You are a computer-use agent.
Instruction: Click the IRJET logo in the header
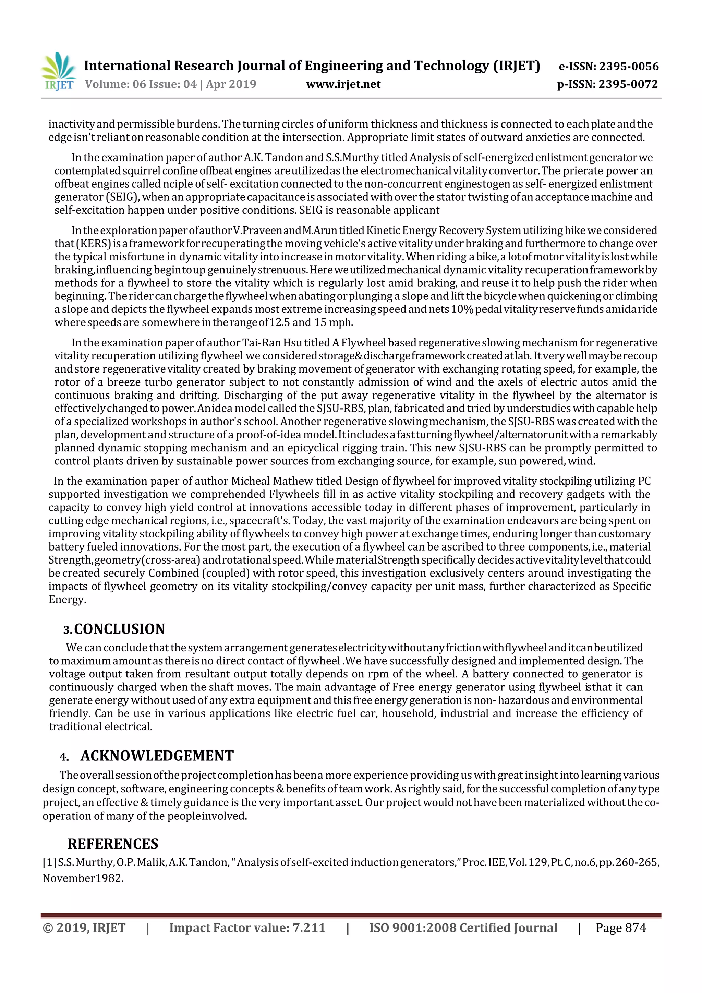point(59,71)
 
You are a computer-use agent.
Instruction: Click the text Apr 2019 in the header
point(231,84)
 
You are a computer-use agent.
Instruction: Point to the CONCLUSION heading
point(119,629)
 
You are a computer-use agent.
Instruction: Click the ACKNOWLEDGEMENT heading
point(157,756)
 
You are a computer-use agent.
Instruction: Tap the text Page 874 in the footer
point(621,928)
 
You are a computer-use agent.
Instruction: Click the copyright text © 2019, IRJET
point(84,928)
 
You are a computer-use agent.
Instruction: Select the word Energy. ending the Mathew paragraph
point(67,600)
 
